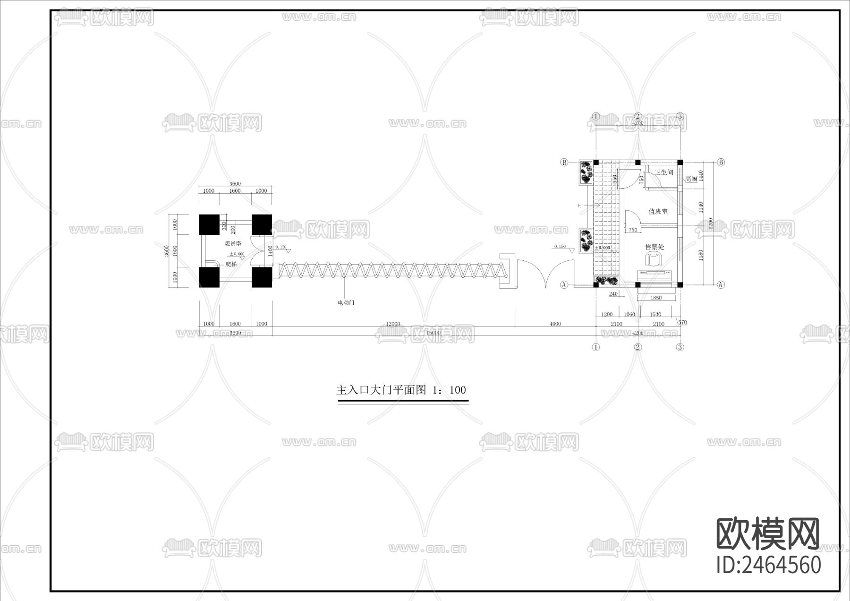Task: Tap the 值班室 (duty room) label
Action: tap(658, 211)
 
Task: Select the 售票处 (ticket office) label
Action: tap(655, 247)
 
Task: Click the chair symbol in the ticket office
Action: tap(654, 259)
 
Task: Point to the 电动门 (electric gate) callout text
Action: tap(346, 302)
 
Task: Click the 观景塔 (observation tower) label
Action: tap(233, 244)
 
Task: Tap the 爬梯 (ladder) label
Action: tap(231, 265)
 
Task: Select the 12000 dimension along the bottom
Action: tap(393, 324)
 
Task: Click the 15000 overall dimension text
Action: tap(433, 333)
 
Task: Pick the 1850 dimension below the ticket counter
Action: tap(656, 298)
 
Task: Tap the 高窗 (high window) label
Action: tap(691, 179)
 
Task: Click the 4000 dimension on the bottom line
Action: tap(555, 324)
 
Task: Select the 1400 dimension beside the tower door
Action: tap(271, 250)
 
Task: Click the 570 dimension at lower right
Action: tap(682, 323)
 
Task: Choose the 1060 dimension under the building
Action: tap(629, 315)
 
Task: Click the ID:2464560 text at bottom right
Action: tap(769, 565)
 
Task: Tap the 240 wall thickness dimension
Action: tap(613, 294)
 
